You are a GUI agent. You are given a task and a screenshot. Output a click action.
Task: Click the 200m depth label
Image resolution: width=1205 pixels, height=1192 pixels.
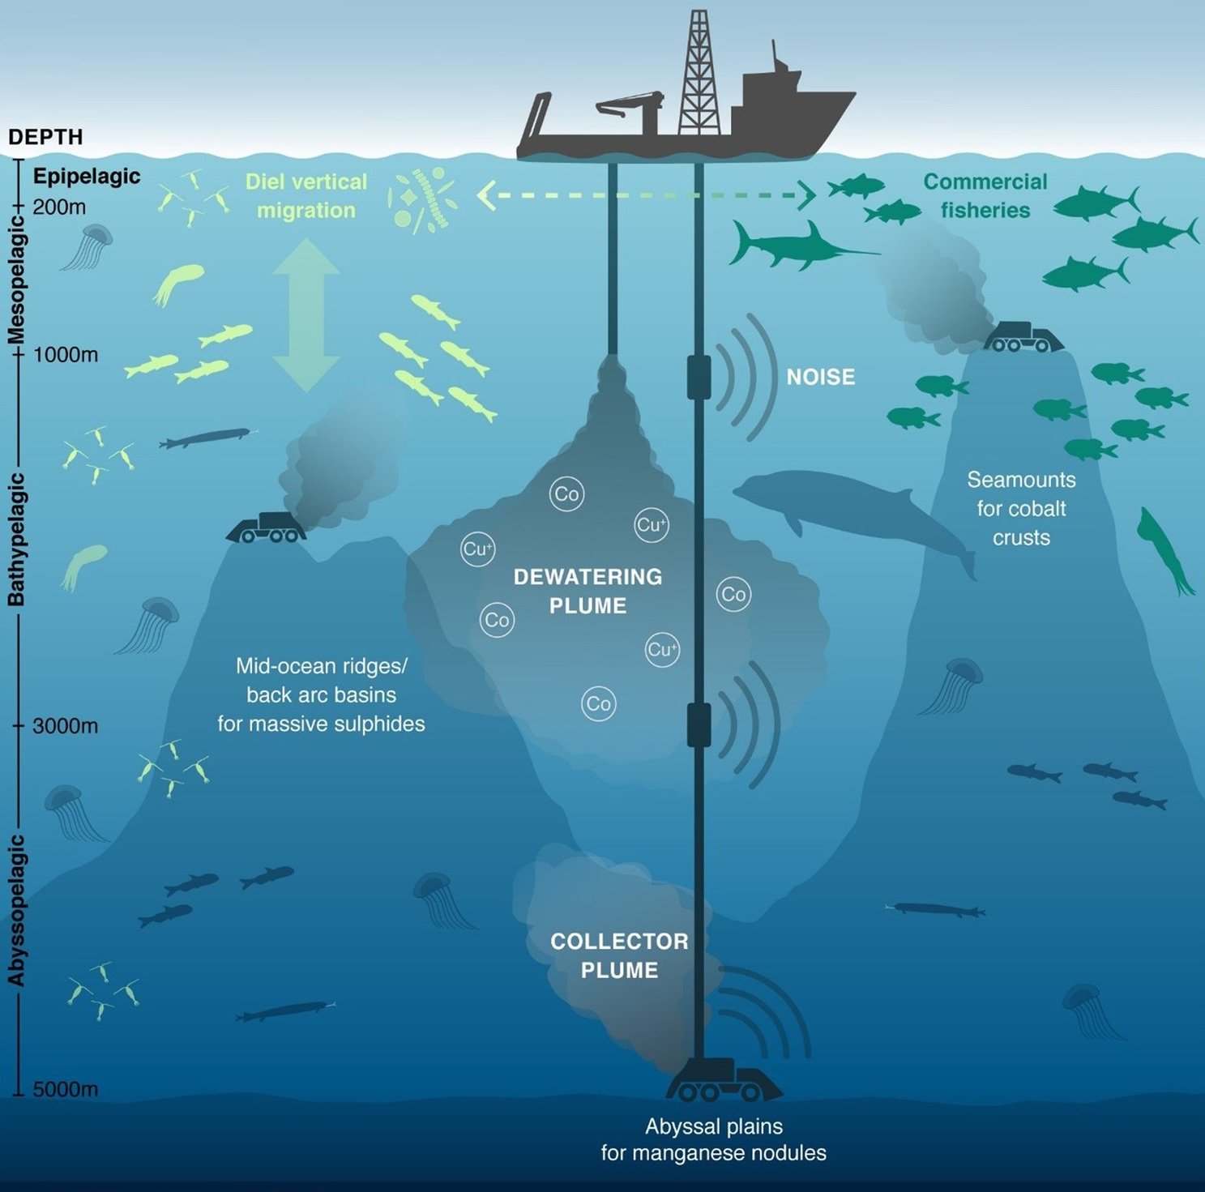click(x=59, y=207)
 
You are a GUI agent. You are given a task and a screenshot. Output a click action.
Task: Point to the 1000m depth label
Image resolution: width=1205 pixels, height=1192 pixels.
click(x=65, y=355)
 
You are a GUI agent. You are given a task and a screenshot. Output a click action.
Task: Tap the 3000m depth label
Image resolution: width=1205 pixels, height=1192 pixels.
click(x=65, y=726)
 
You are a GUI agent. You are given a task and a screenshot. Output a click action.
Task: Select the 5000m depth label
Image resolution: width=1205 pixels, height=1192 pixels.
click(x=65, y=1089)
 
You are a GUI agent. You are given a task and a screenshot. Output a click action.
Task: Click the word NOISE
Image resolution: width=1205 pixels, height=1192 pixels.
click(x=820, y=378)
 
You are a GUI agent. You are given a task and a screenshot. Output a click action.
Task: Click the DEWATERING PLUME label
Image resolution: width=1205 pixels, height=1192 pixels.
click(x=588, y=591)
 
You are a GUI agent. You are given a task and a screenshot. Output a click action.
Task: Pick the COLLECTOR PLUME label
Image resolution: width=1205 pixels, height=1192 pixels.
click(x=619, y=955)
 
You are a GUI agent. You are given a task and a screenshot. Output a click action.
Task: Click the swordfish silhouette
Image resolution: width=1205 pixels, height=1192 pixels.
click(x=798, y=246)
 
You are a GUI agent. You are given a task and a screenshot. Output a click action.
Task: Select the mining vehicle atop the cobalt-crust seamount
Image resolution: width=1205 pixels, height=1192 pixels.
click(x=1023, y=337)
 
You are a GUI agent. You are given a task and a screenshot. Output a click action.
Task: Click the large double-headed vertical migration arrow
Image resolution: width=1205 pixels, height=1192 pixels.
click(x=306, y=315)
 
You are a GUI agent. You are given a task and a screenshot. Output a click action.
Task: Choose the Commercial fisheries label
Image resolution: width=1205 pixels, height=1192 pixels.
click(x=985, y=196)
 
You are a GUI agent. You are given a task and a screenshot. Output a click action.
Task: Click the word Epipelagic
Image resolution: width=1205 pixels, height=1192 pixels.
click(x=87, y=177)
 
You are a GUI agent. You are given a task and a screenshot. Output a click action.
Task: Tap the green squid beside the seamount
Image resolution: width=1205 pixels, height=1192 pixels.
click(x=1164, y=551)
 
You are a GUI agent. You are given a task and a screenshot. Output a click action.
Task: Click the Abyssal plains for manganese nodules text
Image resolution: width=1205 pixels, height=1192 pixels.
click(x=713, y=1139)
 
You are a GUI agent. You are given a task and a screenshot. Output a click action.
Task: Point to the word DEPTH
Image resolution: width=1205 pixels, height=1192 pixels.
click(x=45, y=137)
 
